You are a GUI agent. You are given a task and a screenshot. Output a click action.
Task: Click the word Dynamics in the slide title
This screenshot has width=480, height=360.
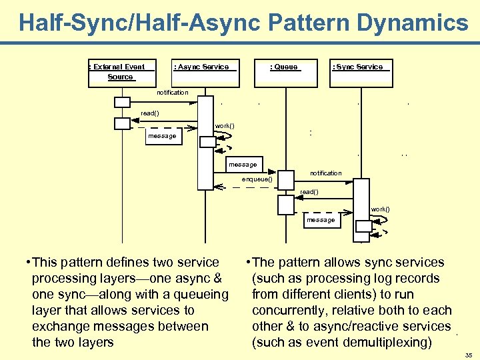click(x=414, y=23)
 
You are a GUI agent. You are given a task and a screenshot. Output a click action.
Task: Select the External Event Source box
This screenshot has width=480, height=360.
click(x=122, y=71)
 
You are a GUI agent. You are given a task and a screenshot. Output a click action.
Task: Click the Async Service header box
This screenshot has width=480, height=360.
click(x=205, y=71)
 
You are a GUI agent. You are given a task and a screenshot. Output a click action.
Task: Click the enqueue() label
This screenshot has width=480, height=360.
click(x=257, y=179)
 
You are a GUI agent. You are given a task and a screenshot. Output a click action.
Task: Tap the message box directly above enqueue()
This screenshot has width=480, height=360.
click(x=243, y=165)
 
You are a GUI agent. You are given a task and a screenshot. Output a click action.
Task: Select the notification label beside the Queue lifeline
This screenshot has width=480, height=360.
click(x=325, y=173)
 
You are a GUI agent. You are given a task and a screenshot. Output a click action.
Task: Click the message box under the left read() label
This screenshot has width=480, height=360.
click(x=163, y=136)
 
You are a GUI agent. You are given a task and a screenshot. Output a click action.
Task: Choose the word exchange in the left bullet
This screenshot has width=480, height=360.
click(x=60, y=327)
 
